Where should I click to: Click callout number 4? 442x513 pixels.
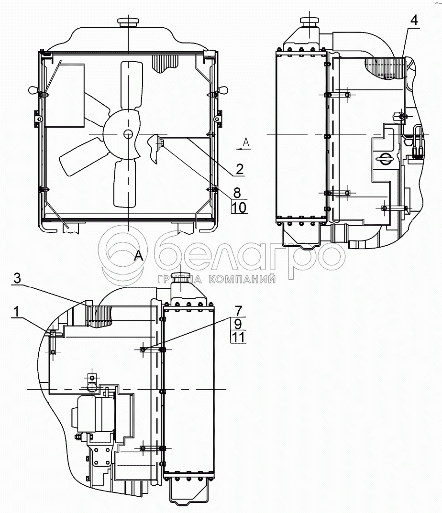[414, 20]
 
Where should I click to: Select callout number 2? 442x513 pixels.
[239, 169]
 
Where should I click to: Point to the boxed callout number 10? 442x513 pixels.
[239, 207]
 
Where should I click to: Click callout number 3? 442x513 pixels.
[17, 278]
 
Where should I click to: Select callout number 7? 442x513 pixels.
[239, 310]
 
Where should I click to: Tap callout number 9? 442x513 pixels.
[238, 324]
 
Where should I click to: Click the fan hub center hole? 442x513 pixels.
[128, 134]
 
